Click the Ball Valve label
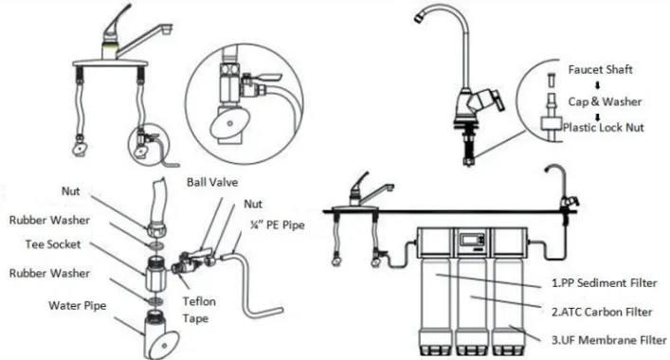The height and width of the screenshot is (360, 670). [x=212, y=182]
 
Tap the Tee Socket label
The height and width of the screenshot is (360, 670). [x=53, y=244]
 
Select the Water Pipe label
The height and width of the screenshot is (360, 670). [x=78, y=306]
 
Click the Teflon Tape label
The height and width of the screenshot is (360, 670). [x=199, y=310]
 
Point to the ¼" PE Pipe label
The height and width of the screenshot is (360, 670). [x=278, y=225]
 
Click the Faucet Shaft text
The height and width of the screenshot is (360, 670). [x=601, y=69]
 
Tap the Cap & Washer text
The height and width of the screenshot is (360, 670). [x=605, y=101]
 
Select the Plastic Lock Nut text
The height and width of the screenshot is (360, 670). [x=604, y=127]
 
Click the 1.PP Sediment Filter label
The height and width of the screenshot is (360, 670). [x=605, y=282]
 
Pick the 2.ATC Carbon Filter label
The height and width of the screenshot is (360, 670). [x=602, y=313]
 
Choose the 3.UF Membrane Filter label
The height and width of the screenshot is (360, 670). [x=609, y=340]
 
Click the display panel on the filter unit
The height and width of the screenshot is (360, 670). [x=472, y=239]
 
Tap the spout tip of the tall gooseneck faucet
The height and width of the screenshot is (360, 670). [x=419, y=17]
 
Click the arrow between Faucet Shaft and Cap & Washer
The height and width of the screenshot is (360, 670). [x=598, y=85]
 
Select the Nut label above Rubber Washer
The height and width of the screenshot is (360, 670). [x=70, y=190]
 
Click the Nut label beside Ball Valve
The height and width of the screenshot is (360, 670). [x=253, y=204]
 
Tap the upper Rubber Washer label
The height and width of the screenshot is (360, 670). [x=49, y=221]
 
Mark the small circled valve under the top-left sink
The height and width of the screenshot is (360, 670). [x=149, y=144]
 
